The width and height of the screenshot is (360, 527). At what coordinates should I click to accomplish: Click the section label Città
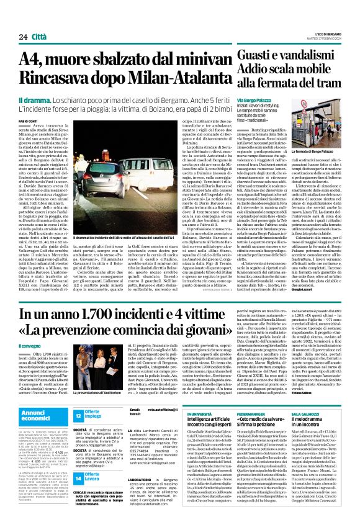(38, 20)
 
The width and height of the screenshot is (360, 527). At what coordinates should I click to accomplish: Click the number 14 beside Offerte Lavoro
(79, 462)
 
